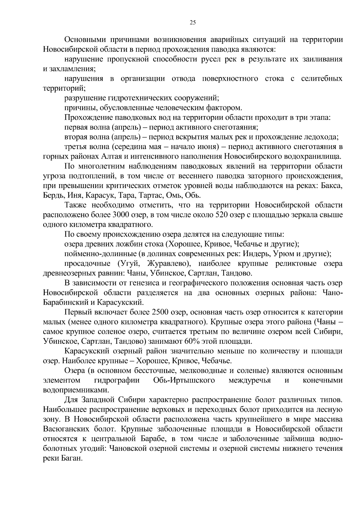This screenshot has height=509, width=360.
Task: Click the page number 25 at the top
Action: (193, 22)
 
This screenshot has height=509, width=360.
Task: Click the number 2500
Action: (162, 312)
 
